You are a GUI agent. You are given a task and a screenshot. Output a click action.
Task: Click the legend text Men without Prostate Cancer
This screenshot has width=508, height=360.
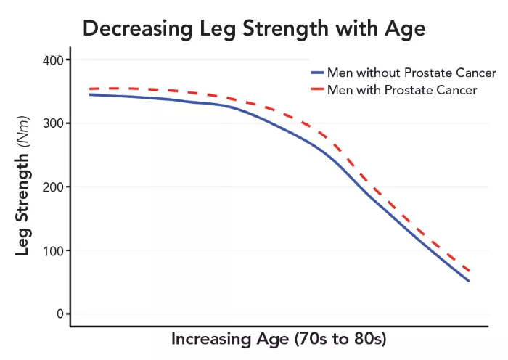[x=411, y=73]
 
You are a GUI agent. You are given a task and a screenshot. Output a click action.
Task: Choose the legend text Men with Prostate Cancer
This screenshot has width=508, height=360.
[x=402, y=90]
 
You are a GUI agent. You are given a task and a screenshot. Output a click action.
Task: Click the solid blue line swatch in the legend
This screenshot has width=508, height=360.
[x=316, y=73]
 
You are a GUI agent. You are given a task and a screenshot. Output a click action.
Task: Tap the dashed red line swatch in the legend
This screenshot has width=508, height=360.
[x=316, y=90]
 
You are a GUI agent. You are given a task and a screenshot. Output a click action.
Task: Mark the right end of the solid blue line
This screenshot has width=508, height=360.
[x=469, y=281]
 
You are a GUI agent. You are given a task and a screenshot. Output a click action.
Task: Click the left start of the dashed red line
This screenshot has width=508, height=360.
[x=89, y=89]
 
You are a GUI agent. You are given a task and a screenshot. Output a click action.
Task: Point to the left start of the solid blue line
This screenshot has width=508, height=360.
[x=89, y=94]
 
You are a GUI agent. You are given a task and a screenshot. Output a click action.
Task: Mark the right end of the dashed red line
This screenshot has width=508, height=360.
[x=470, y=271]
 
